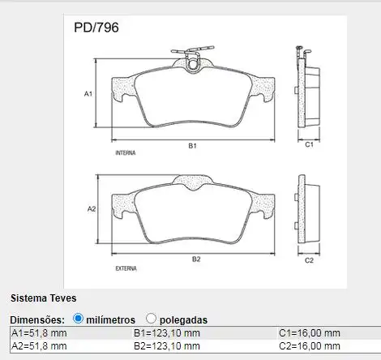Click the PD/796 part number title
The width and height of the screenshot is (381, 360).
pyautogui.click(x=96, y=28)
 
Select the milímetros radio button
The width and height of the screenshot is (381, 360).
pyautogui.click(x=78, y=319)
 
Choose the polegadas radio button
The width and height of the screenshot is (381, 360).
pyautogui.click(x=151, y=319)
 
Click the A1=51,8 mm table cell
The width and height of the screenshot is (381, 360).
pyautogui.click(x=39, y=333)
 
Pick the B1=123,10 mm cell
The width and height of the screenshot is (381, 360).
pyautogui.click(x=167, y=333)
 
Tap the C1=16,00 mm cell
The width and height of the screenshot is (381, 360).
pyautogui.click(x=310, y=333)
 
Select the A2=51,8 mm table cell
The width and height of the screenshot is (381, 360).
pyautogui.click(x=39, y=346)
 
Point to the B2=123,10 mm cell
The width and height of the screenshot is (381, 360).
pyautogui.click(x=167, y=346)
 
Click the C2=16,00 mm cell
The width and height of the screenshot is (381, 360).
pyautogui.click(x=310, y=346)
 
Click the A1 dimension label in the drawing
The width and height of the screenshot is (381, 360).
pyautogui.click(x=88, y=94)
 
